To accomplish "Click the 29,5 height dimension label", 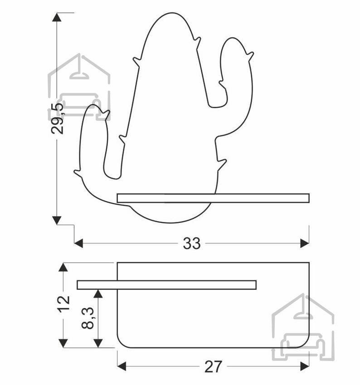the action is pyautogui.click(x=57, y=118).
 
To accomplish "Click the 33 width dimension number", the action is pyautogui.click(x=192, y=244).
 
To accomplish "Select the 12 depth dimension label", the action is pyautogui.click(x=63, y=304).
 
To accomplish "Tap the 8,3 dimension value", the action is pyautogui.click(x=88, y=318).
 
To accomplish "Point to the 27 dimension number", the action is pyautogui.click(x=213, y=366).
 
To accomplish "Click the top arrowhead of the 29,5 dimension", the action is pyautogui.click(x=57, y=17).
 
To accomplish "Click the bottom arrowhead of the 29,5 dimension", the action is pyautogui.click(x=57, y=220).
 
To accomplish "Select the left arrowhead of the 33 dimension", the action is pyautogui.click(x=78, y=244).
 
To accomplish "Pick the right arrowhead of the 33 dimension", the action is pyautogui.click(x=305, y=244).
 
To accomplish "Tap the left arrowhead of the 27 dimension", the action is pyautogui.click(x=122, y=366).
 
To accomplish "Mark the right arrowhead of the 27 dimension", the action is pyautogui.click(x=305, y=366).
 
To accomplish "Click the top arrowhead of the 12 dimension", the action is pyautogui.click(x=63, y=267).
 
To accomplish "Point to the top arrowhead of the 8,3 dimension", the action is pyautogui.click(x=98, y=294).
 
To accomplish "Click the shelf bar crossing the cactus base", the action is pyautogui.click(x=213, y=198).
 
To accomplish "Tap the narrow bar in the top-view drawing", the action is pyautogui.click(x=167, y=285).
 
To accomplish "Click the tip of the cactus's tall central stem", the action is pyautogui.click(x=172, y=13).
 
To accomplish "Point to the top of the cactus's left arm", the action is pyautogui.click(x=93, y=105).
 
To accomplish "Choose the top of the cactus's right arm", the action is pyautogui.click(x=232, y=38).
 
